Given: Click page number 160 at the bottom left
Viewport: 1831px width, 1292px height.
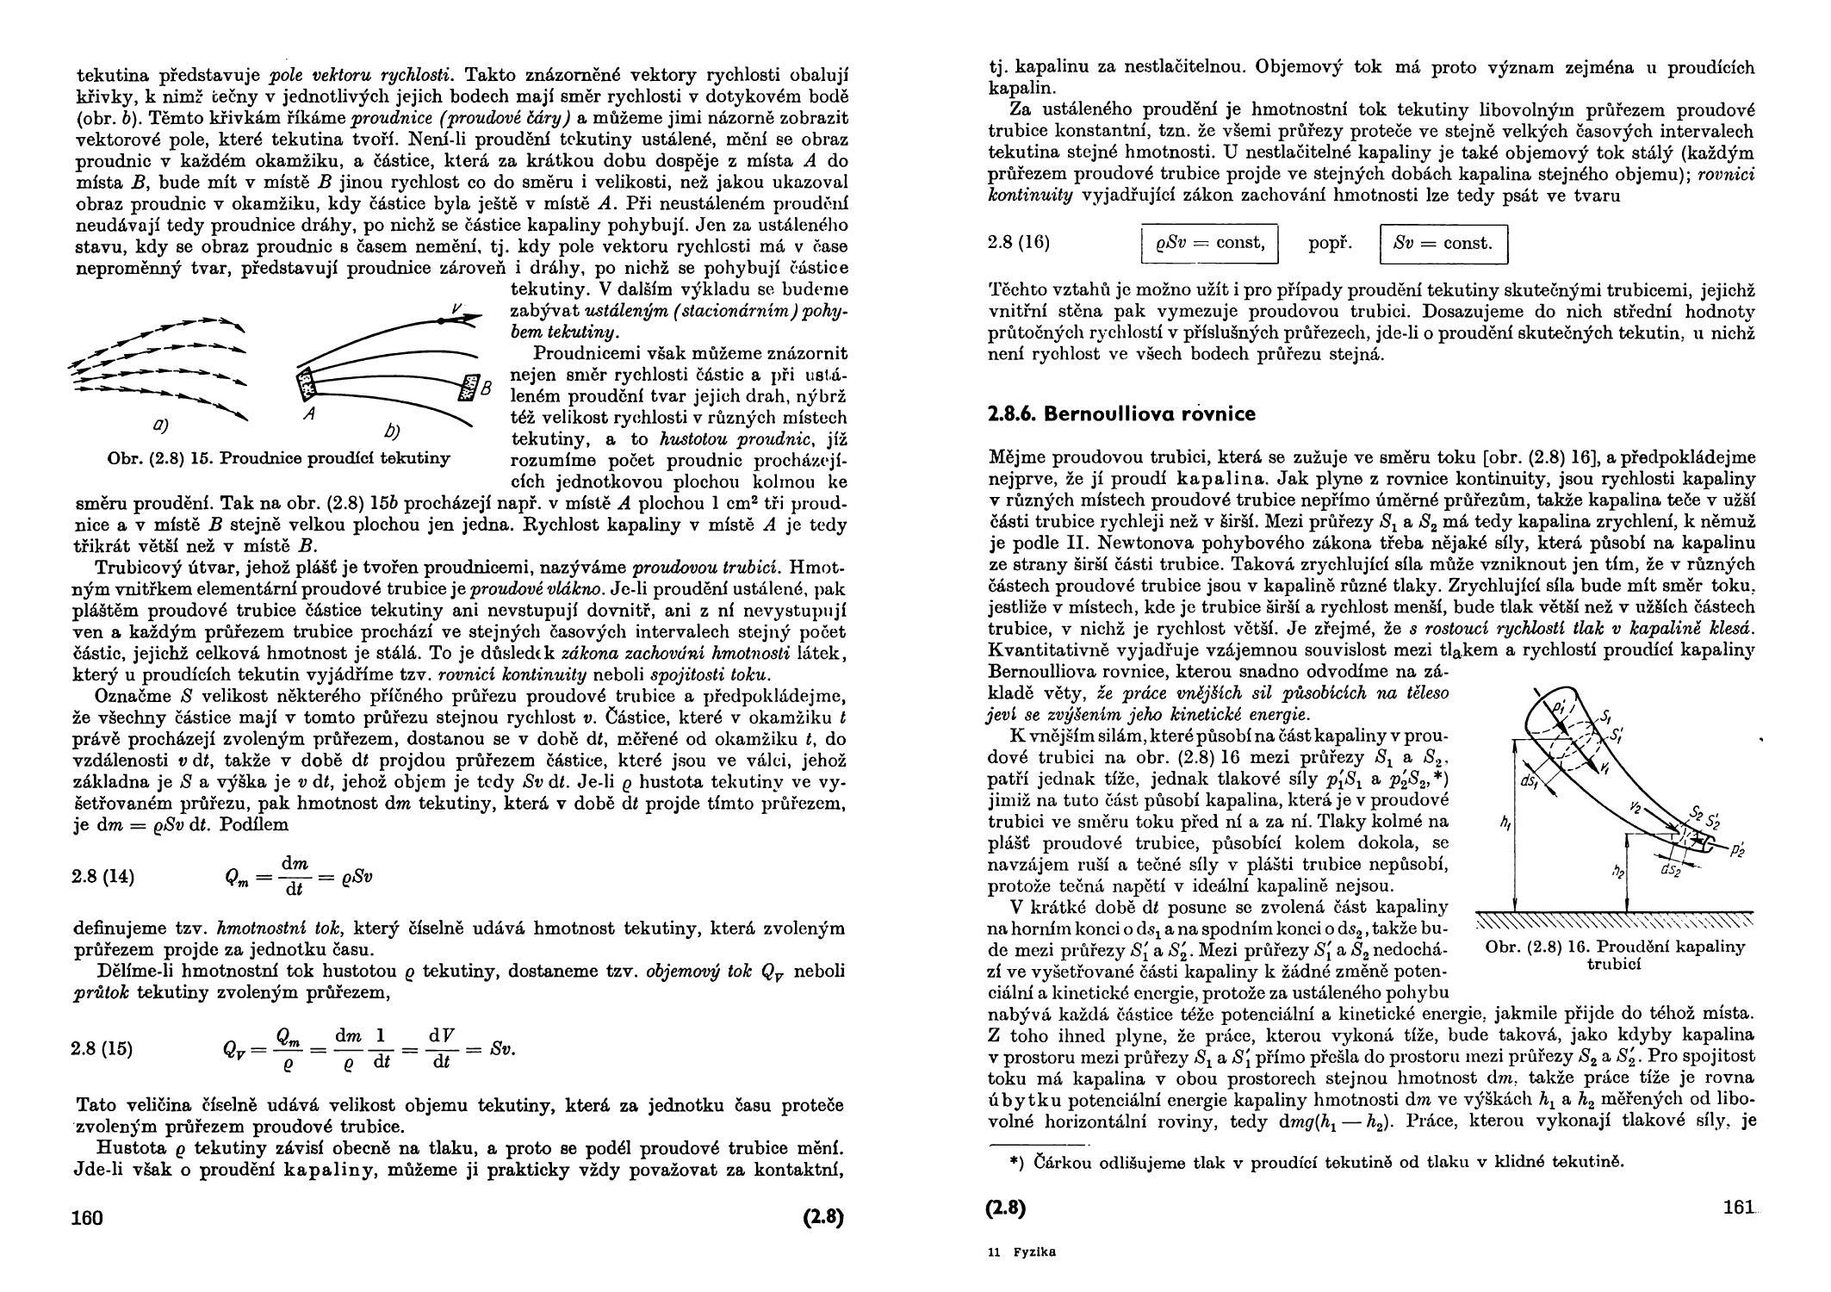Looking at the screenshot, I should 88,1218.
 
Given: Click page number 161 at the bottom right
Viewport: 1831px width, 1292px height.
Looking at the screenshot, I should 1739,1208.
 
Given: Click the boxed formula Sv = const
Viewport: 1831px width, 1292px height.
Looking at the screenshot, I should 1443,244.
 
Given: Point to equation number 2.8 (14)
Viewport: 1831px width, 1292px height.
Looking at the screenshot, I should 104,878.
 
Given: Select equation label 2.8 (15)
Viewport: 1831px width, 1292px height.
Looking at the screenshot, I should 103,1049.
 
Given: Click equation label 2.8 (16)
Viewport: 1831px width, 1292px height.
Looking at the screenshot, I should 1019,243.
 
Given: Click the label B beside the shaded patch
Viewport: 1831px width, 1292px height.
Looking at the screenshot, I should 485,389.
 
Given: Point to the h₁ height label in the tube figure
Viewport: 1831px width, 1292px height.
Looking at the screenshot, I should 1504,823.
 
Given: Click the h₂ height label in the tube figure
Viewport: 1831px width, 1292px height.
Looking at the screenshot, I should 1617,872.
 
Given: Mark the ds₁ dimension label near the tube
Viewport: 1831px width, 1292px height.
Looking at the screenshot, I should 1530,782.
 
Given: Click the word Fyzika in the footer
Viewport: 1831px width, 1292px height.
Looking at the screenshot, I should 1034,1252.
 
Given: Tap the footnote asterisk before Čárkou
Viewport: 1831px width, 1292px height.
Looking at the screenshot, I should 1016,1161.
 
